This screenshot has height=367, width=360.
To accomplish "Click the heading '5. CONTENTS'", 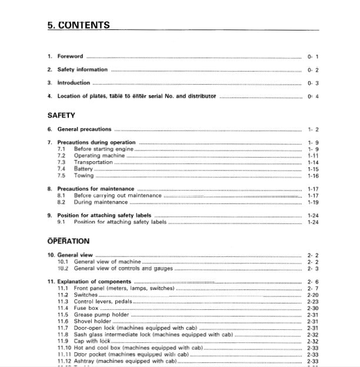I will (x=78, y=25).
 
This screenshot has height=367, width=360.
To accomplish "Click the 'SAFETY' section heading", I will (x=61, y=115).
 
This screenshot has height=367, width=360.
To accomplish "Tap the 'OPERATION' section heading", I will (x=68, y=241).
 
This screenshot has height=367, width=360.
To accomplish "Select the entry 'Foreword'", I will (x=70, y=56).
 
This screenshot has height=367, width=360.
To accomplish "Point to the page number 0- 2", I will (x=313, y=70).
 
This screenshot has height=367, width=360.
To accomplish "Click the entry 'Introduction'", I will (x=74, y=83).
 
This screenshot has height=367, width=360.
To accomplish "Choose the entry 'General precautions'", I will (x=84, y=129).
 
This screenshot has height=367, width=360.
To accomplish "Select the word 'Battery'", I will (x=84, y=169).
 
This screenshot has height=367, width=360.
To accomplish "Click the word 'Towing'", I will (x=83, y=175).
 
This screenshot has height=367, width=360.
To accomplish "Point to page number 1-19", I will (x=313, y=202).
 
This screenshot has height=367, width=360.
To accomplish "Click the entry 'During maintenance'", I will (x=101, y=202).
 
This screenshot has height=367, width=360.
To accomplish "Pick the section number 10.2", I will (x=63, y=268).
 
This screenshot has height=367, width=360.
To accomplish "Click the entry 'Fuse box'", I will (x=86, y=308).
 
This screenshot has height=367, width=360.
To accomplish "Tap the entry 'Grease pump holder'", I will (x=101, y=315).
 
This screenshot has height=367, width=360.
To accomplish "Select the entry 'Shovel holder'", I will (x=94, y=321).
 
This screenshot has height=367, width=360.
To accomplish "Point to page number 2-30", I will (x=313, y=308).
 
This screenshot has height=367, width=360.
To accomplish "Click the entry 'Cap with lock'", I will (x=92, y=341).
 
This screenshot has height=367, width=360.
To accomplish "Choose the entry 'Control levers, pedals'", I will (x=103, y=302).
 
